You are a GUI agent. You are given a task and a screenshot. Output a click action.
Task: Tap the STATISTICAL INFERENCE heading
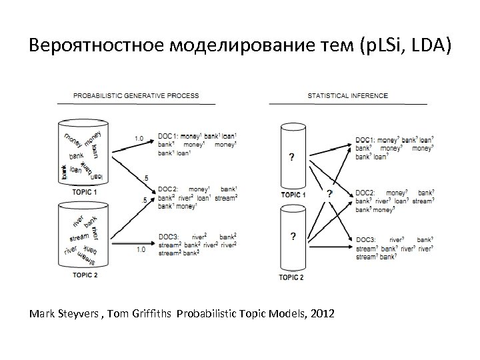click(347, 95)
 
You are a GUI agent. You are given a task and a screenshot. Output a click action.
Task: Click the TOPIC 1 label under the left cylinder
click(85, 192)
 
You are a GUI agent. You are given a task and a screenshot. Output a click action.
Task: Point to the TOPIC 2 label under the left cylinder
click(85, 274)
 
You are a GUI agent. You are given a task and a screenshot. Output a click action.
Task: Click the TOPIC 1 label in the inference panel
click(293, 195)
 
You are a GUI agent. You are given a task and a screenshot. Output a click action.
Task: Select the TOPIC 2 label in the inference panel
click(291, 277)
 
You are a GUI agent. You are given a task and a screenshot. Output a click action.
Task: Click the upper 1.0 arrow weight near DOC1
click(139, 139)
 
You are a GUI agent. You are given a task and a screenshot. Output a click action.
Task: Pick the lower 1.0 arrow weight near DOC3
click(141, 249)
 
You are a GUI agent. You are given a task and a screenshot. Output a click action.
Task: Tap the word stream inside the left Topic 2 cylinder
click(79, 236)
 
